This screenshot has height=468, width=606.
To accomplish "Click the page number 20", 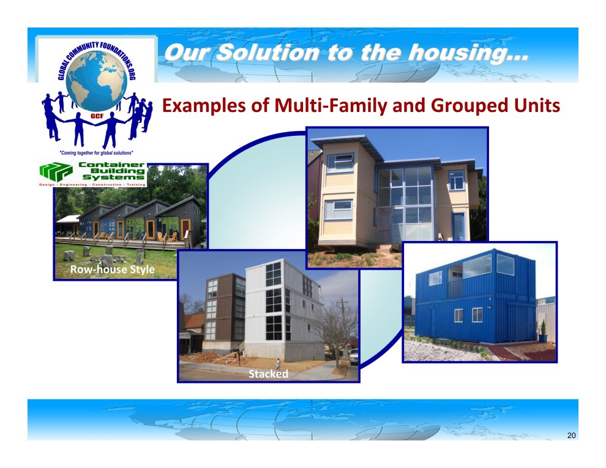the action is point(571,436).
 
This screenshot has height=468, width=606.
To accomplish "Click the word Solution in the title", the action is point(267,53).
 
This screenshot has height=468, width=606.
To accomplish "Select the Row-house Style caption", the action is point(113,269).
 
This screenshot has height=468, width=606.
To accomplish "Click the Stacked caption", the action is point(268,374).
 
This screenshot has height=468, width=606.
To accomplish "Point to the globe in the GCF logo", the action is point(96,80).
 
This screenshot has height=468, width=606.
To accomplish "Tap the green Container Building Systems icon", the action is point(56,171).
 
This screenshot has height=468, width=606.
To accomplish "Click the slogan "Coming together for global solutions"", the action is point(96,153).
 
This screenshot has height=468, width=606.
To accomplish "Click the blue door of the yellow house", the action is point(458,226).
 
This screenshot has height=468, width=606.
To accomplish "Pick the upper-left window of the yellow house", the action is point(340,163).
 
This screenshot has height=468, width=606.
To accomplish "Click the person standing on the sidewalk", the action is point(277,364).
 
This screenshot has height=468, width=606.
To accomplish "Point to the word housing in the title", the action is point(468,53).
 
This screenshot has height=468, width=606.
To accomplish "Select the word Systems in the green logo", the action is point(113,177).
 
